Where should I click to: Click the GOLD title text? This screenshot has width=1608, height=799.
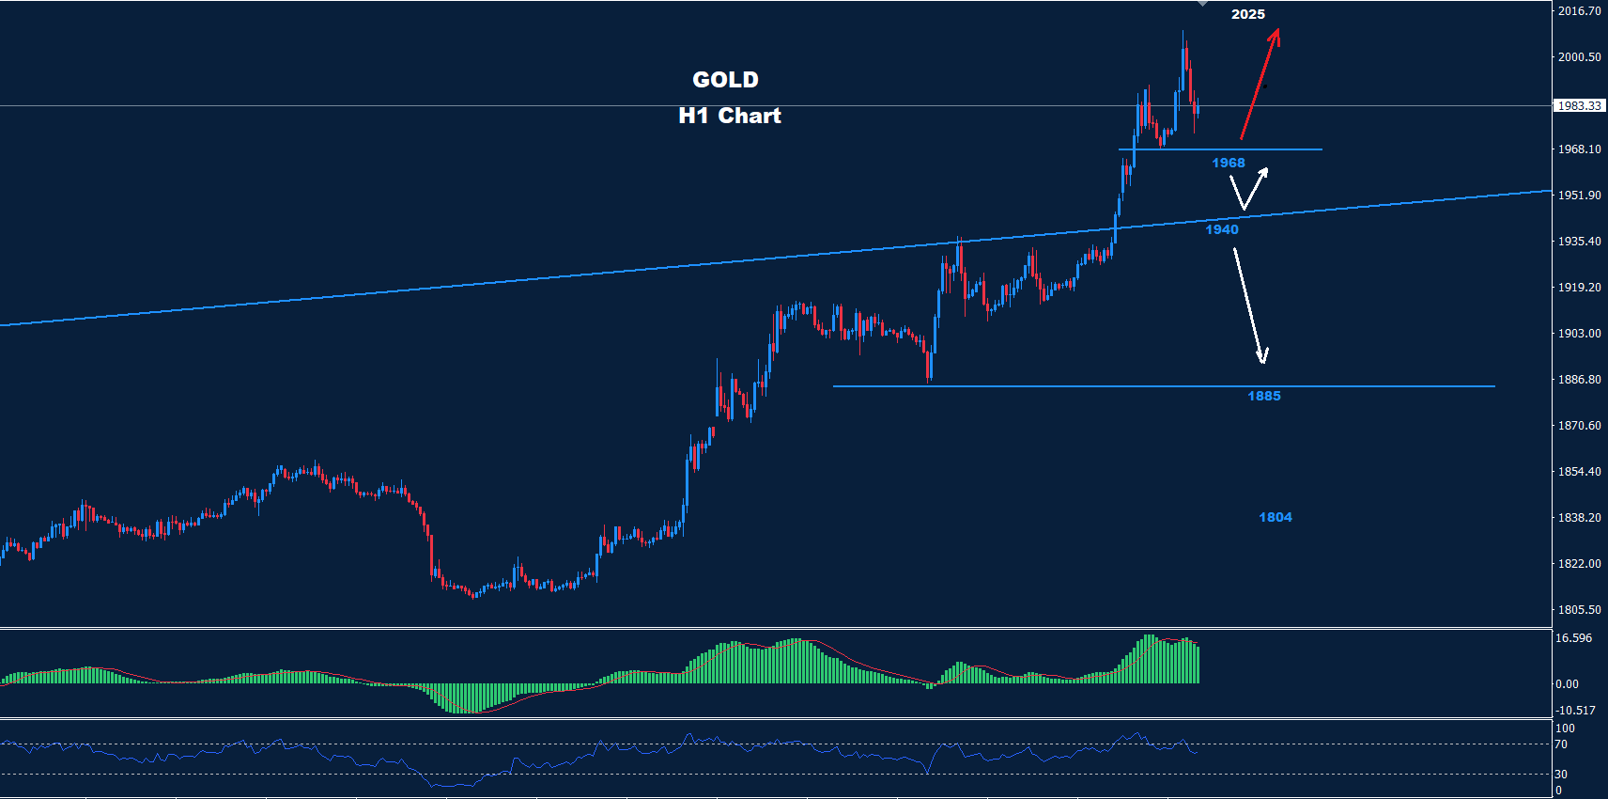click(x=725, y=80)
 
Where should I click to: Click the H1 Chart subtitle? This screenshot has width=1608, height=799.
click(x=730, y=116)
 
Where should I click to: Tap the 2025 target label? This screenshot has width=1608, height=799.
click(x=1248, y=14)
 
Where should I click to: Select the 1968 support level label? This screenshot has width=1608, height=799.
click(x=1228, y=163)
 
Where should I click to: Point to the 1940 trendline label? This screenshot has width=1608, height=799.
click(x=1222, y=229)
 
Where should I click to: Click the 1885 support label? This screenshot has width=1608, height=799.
click(x=1263, y=396)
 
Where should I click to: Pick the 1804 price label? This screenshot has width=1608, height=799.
click(x=1275, y=517)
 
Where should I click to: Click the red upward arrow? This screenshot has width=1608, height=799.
click(x=1260, y=85)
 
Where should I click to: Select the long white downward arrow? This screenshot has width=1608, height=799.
click(x=1249, y=305)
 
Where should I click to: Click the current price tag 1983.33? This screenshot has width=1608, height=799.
click(x=1579, y=106)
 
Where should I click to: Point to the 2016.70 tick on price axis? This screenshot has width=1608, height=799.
click(x=1579, y=11)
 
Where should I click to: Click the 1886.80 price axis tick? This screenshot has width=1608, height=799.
click(x=1579, y=380)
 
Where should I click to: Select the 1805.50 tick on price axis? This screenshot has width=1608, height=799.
click(x=1579, y=610)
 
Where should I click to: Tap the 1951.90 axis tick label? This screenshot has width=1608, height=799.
click(x=1579, y=196)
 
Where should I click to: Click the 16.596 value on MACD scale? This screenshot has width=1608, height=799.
click(x=1573, y=638)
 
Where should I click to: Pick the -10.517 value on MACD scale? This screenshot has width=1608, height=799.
click(x=1575, y=711)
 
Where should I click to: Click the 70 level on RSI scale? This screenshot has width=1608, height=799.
click(x=1561, y=744)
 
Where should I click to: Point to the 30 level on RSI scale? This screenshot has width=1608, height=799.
click(x=1561, y=775)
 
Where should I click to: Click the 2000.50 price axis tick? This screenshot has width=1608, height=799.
click(x=1579, y=57)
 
